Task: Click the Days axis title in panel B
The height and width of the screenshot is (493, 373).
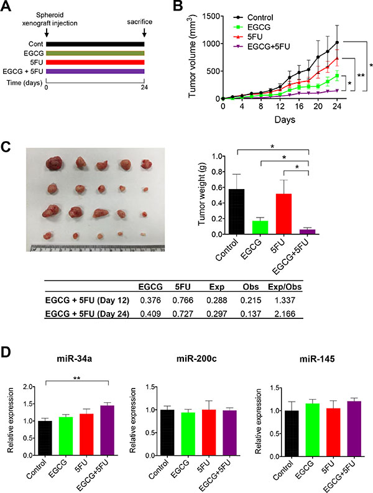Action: tap(285, 118)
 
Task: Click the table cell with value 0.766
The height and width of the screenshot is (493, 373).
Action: tap(180, 300)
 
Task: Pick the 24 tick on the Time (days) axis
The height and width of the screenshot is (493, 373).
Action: tap(144, 89)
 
